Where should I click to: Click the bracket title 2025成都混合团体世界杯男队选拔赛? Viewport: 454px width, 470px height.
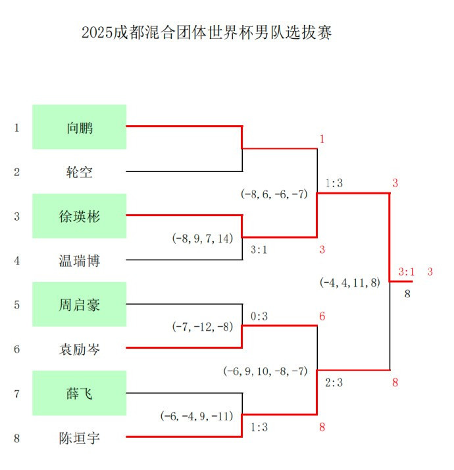(207, 32)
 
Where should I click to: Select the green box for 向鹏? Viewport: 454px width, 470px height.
(80, 127)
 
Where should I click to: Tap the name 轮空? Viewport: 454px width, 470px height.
(80, 172)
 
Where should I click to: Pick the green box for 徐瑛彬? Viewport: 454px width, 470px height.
(80, 216)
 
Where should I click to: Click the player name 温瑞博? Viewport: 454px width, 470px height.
(80, 261)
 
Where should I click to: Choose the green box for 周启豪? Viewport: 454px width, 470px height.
(80, 305)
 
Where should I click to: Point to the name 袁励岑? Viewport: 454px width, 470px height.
(80, 349)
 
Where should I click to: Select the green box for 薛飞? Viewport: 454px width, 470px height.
(80, 393)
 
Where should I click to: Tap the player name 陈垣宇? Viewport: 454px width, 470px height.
(80, 438)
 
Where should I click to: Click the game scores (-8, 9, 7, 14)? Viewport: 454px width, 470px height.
(203, 239)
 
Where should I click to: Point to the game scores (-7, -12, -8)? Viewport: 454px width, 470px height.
(203, 327)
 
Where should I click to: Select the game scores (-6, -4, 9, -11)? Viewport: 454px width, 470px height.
(197, 416)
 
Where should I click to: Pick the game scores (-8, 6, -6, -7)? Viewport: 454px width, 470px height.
(274, 194)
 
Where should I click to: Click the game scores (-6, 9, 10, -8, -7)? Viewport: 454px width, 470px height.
(265, 371)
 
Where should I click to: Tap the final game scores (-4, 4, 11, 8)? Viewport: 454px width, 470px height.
(350, 283)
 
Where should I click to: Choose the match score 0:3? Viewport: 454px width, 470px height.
(259, 316)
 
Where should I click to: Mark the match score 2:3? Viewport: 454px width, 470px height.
(334, 383)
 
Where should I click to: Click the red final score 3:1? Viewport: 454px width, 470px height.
(407, 272)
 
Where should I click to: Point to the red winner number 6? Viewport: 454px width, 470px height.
(322, 316)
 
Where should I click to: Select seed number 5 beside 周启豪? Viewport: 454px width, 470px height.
(16, 305)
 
